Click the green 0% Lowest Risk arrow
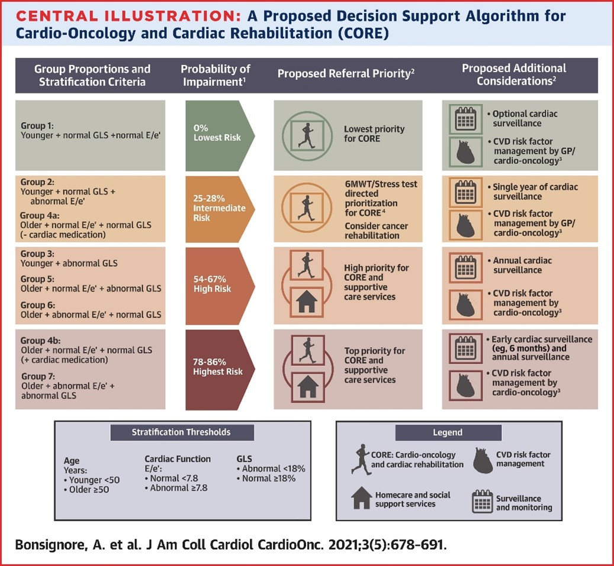(x=219, y=135)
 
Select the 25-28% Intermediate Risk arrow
(x=219, y=209)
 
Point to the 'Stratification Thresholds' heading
(x=181, y=432)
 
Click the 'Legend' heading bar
(x=448, y=432)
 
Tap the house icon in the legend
(x=362, y=498)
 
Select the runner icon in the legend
(x=361, y=460)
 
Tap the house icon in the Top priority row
(x=307, y=387)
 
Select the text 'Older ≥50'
(x=89, y=490)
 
